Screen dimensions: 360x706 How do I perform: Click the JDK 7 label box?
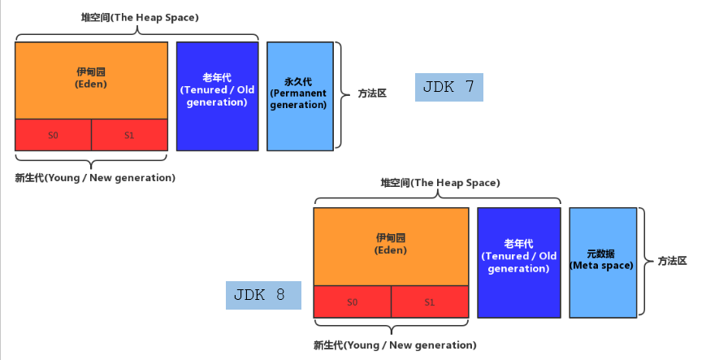coord(448,87)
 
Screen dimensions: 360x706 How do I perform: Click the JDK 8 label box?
coord(263,295)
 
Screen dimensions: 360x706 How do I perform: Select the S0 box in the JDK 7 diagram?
coord(53,135)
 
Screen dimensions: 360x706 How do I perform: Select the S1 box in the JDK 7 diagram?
coord(129,135)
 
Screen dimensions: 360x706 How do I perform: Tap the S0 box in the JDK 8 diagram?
coord(352,301)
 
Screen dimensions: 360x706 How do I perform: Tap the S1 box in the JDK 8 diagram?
coord(429,301)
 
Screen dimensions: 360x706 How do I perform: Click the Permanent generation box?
coord(299,96)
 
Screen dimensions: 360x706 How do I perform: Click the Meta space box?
coord(602,262)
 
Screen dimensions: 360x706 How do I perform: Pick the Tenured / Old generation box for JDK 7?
coord(217,96)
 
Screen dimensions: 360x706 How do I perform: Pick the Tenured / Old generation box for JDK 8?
coord(518,262)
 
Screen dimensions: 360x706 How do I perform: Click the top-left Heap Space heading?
coord(140,17)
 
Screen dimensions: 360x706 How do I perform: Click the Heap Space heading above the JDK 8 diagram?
coord(440,183)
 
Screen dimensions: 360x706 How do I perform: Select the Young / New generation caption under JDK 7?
coord(95,177)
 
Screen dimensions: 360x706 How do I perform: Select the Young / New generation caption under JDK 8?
coord(395,345)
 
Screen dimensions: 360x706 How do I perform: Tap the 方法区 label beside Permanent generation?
coord(372,93)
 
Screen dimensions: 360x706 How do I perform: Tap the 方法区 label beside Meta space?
coord(673,261)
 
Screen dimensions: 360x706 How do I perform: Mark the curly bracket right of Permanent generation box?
coord(344,96)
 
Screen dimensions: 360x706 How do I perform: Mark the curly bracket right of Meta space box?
coord(644,262)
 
